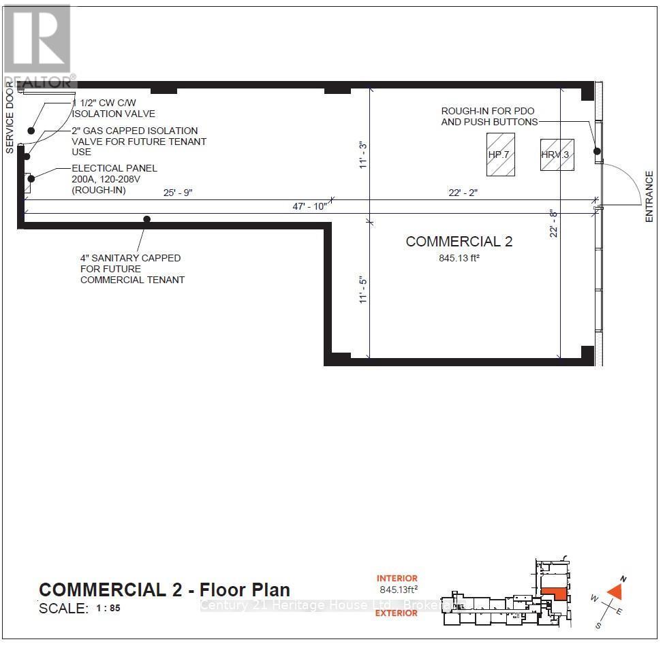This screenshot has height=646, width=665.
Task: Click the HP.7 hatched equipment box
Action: (x=499, y=155)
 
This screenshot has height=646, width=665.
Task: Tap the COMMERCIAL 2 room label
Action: (x=459, y=242)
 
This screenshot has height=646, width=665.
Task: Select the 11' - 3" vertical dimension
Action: (x=363, y=155)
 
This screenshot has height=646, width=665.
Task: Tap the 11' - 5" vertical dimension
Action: (x=363, y=289)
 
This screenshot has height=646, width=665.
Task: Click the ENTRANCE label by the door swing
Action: (x=649, y=196)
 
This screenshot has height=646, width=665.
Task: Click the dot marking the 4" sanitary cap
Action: (x=146, y=219)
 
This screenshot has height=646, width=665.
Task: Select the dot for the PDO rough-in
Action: (x=596, y=151)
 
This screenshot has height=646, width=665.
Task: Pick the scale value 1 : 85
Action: (x=108, y=608)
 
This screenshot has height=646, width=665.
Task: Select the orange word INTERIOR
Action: (x=397, y=579)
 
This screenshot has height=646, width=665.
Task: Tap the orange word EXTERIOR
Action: (x=397, y=613)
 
